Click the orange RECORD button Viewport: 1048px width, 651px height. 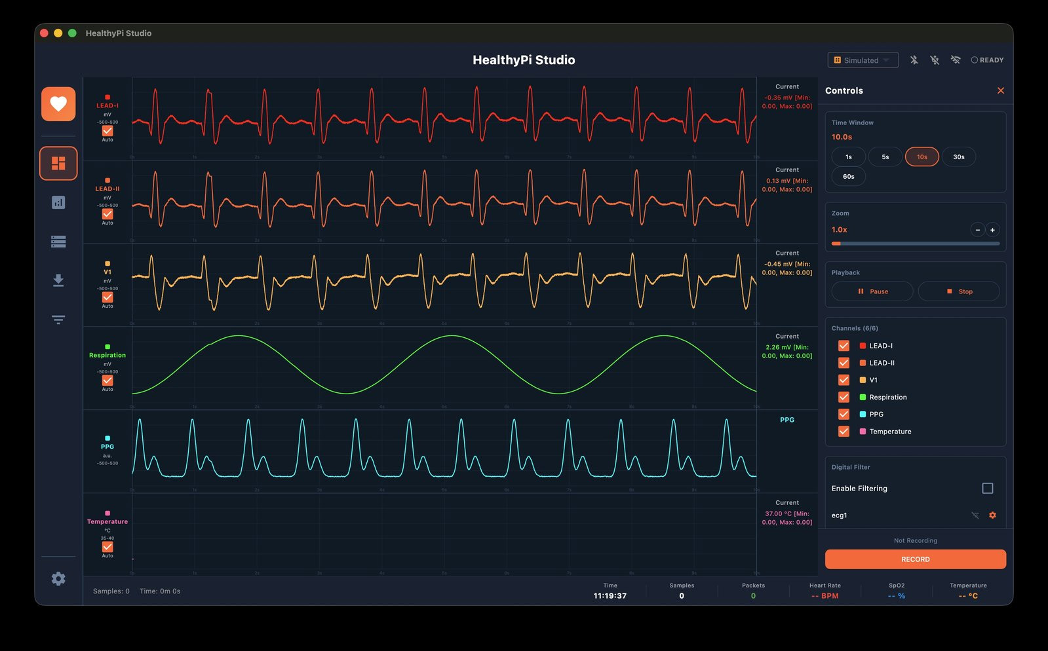(x=915, y=559)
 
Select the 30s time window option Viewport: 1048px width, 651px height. (x=958, y=157)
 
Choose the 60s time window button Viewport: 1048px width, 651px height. (x=848, y=177)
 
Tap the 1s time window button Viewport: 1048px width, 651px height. (x=848, y=157)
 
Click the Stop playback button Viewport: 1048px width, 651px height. (x=958, y=291)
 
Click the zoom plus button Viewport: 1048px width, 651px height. (x=992, y=230)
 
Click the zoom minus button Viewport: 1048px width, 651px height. (x=977, y=230)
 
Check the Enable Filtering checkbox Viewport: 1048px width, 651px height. (x=987, y=489)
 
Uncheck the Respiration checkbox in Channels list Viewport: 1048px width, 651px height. (x=844, y=397)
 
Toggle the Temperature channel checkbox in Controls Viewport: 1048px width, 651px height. (x=844, y=431)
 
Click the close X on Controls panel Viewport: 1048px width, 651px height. (x=1000, y=91)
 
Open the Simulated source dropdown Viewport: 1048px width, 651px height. (x=863, y=60)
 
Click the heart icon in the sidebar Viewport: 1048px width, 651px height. (x=58, y=104)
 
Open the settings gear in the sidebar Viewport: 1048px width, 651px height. (x=58, y=578)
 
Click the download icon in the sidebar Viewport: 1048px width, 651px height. (x=58, y=280)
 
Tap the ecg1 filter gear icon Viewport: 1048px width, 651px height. (x=992, y=515)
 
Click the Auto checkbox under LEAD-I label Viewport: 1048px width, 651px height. (x=107, y=131)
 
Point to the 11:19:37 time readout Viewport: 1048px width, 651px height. (x=610, y=596)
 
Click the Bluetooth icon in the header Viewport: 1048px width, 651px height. (x=914, y=60)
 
